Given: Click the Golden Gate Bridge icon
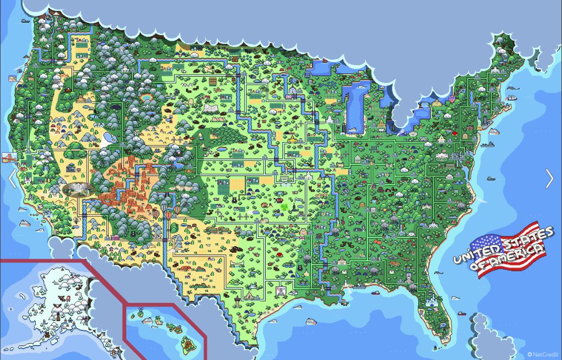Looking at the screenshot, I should (x=9, y=157).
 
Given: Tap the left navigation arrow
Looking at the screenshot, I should (x=12, y=179).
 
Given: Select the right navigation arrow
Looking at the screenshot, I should (x=549, y=179).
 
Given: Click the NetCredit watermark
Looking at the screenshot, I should (x=543, y=354).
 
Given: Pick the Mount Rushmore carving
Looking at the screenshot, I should (x=209, y=108).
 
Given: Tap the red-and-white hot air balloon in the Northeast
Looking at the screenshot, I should (x=452, y=99).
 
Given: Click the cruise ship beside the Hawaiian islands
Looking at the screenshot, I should (x=148, y=321).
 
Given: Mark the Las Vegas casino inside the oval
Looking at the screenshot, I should (x=78, y=189).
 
